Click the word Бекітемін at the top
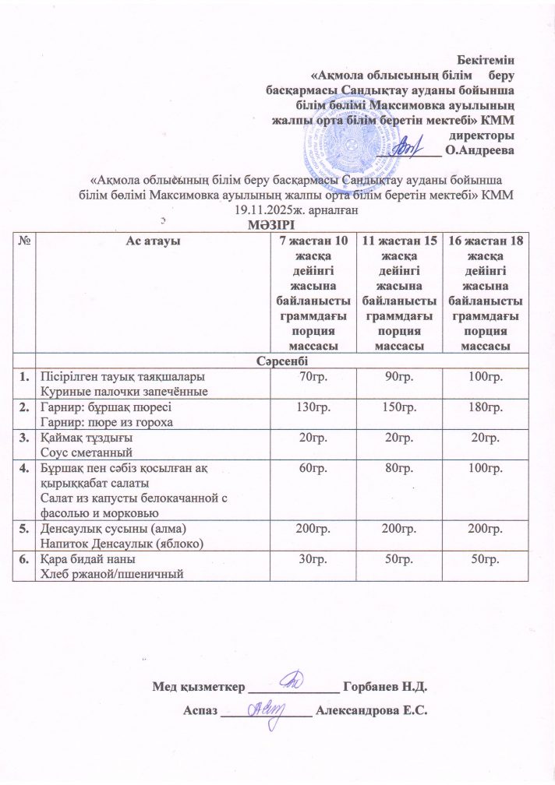pos(488,56)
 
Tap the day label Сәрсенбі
pos(279,362)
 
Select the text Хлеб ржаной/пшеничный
pos(116,573)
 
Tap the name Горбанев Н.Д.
pos(385,688)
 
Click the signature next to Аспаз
pos(267,708)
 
